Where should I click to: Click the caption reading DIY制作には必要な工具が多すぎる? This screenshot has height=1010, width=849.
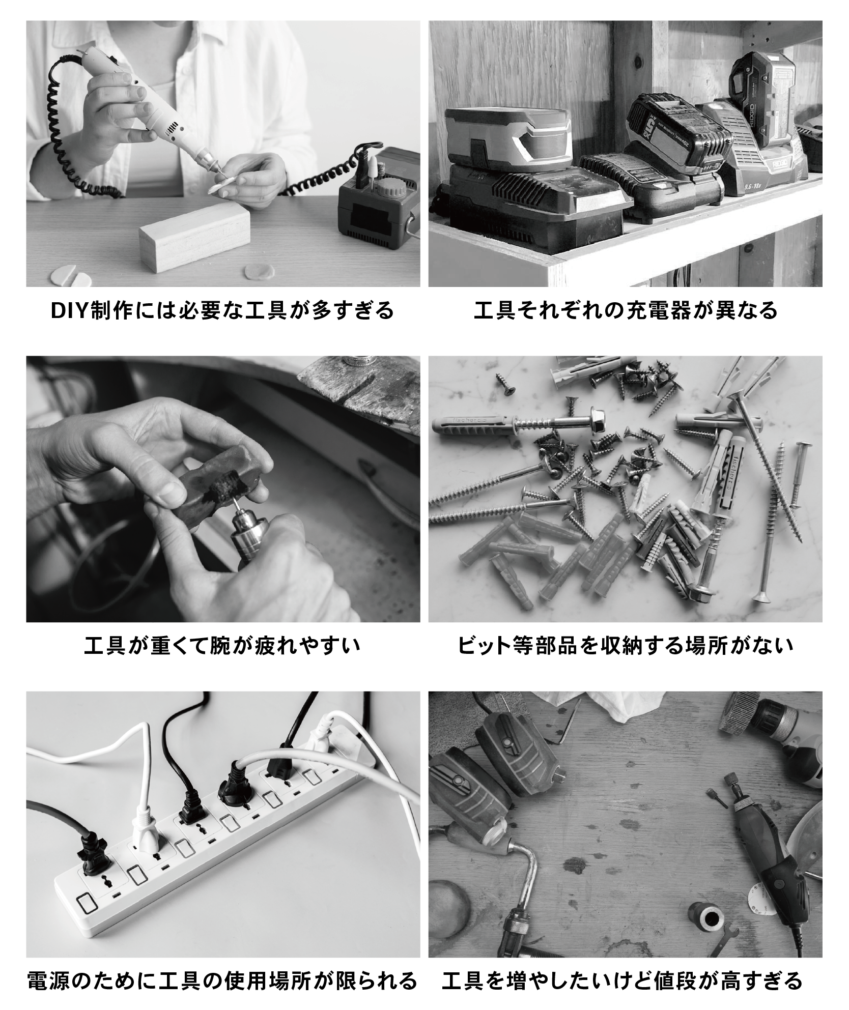click(x=223, y=310)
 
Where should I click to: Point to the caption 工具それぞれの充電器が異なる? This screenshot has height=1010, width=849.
click(x=626, y=310)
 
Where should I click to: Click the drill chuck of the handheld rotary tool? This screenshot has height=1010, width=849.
click(x=247, y=537)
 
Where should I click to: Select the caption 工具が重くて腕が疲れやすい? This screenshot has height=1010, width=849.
click(x=222, y=646)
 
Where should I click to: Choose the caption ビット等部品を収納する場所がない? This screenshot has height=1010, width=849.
click(x=626, y=646)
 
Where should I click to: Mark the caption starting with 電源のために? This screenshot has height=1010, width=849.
click(x=222, y=981)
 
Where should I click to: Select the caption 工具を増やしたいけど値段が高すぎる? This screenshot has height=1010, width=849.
click(x=622, y=981)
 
